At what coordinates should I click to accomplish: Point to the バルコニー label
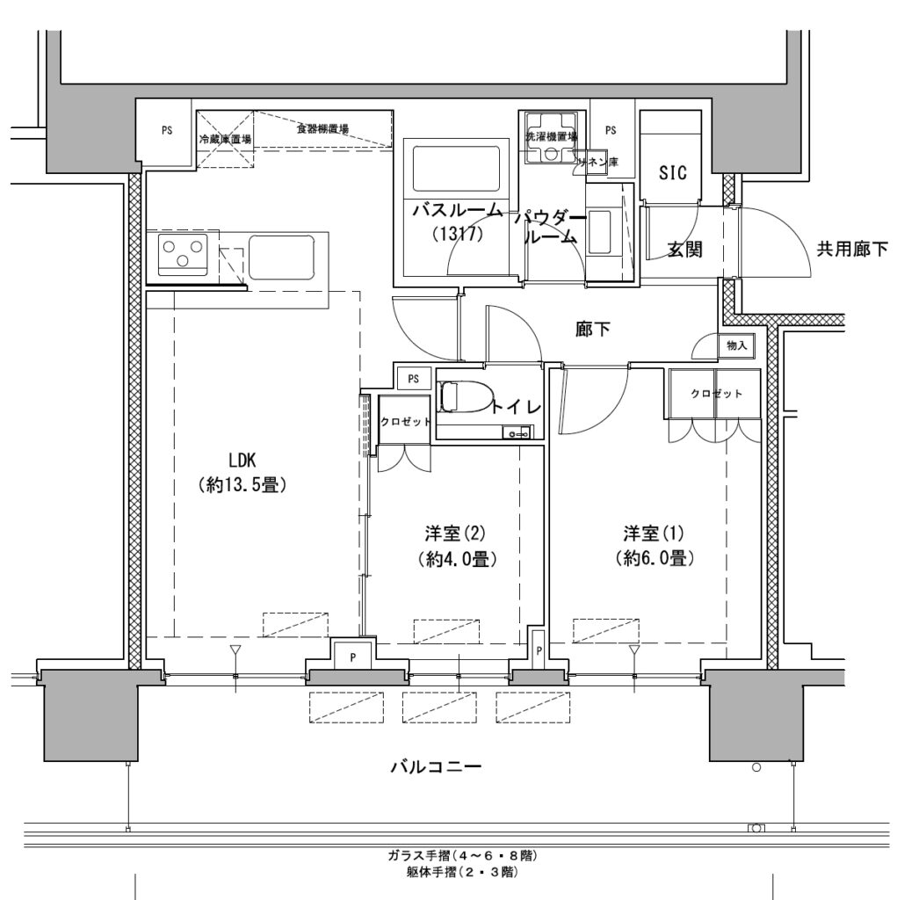tap(435, 767)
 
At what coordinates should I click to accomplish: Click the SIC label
tap(672, 172)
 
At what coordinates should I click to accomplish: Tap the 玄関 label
tap(684, 250)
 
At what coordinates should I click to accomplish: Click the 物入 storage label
tap(737, 346)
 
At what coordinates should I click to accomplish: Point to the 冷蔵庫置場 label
tap(225, 140)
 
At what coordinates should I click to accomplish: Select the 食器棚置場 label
tap(322, 129)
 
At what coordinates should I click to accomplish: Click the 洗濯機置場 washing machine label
tap(551, 136)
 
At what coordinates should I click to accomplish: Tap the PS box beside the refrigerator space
tap(166, 131)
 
